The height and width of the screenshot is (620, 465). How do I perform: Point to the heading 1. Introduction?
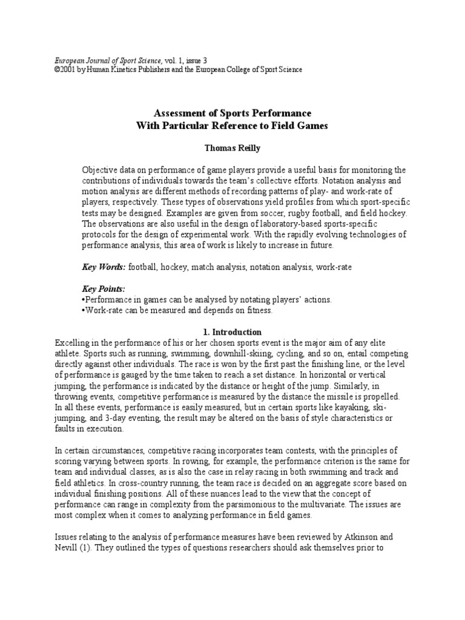tap(232, 332)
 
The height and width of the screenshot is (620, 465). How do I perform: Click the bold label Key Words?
tap(104, 266)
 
